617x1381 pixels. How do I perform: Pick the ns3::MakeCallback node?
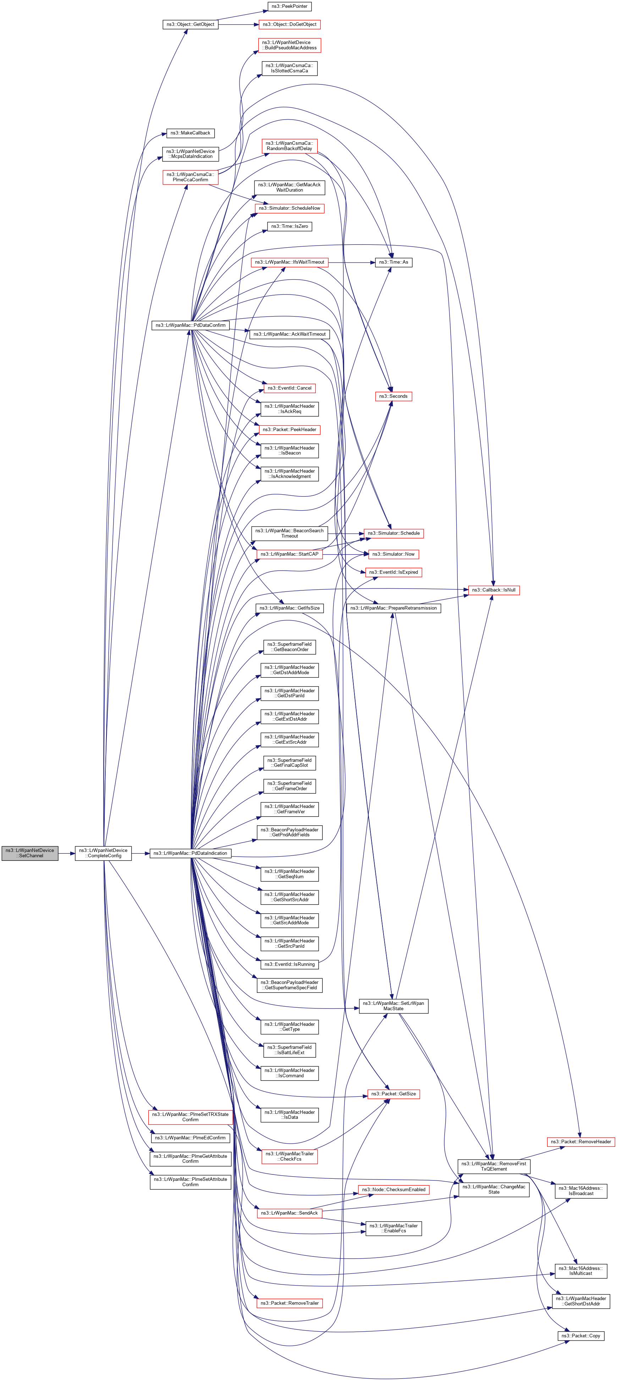190,133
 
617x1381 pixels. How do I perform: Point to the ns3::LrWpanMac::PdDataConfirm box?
190,325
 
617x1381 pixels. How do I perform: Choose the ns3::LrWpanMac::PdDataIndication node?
190,853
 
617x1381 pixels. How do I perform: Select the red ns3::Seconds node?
393,396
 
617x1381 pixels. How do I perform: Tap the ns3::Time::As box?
393,262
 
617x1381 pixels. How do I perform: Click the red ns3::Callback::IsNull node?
493,590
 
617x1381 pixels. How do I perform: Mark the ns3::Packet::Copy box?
580,1336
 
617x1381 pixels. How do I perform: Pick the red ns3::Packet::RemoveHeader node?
580,1141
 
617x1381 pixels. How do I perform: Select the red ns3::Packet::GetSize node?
393,1094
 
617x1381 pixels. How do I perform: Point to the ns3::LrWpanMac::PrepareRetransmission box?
393,608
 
